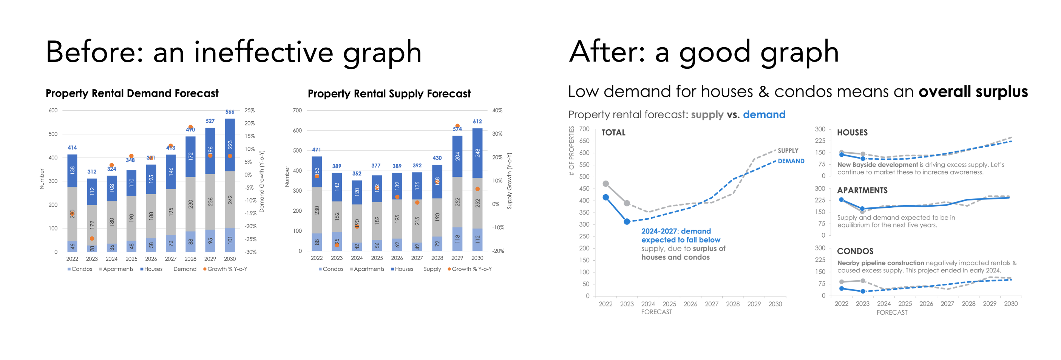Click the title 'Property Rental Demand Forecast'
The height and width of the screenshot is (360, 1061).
(132, 94)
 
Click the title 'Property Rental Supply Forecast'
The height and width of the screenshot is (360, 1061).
(389, 94)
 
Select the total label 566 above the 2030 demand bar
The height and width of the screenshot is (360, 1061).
(230, 111)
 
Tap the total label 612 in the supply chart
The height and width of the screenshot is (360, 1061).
(477, 122)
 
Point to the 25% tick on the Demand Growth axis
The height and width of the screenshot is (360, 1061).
(250, 110)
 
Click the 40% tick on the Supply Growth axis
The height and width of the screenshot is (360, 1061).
(497, 110)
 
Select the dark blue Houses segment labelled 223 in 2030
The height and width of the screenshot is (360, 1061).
(230, 145)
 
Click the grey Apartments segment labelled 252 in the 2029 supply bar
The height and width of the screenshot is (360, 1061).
(457, 202)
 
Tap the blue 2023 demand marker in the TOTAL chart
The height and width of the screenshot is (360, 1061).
(627, 222)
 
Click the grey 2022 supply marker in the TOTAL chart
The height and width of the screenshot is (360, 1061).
(605, 184)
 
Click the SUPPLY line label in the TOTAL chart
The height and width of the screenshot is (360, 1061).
(788, 151)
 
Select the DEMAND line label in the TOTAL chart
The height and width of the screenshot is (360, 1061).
(791, 161)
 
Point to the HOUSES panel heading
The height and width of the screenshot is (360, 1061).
(852, 133)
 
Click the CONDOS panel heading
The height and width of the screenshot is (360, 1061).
(855, 251)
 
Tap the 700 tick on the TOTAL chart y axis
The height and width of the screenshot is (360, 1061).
(584, 129)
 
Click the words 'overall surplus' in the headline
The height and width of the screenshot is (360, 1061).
(973, 92)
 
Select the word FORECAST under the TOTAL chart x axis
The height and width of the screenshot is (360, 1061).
(656, 312)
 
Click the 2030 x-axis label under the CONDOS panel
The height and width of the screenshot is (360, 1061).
(1011, 304)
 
